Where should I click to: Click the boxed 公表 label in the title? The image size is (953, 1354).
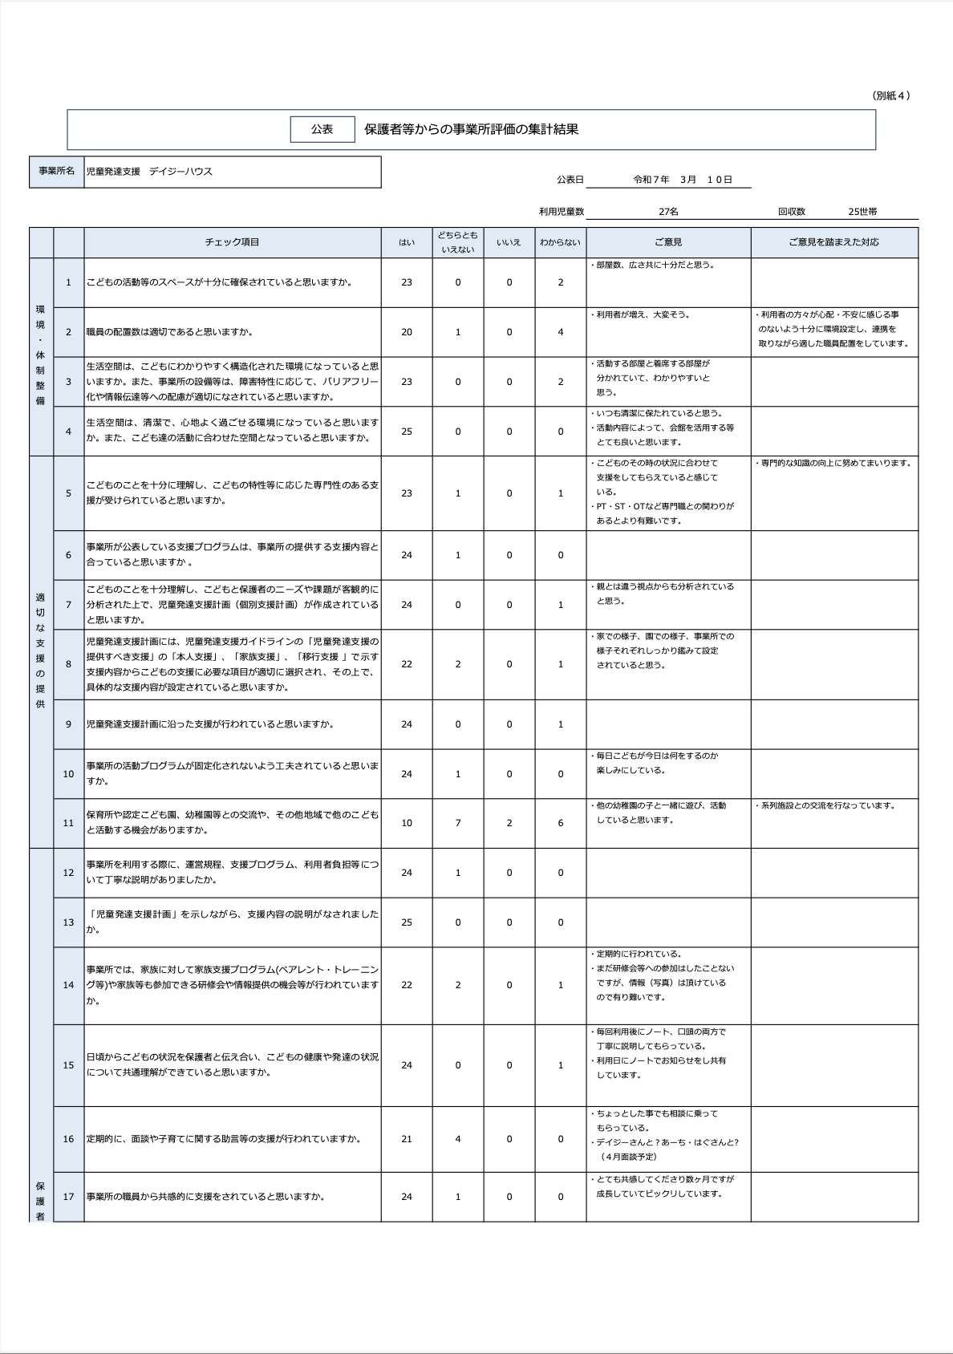[322, 129]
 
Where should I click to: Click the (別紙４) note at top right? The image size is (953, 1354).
[890, 95]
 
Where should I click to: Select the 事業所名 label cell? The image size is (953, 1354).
[57, 172]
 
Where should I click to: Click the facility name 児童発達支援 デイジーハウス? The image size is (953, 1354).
[149, 172]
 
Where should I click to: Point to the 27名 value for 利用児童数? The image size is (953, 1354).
[668, 212]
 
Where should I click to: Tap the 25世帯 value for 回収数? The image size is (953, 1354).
[862, 212]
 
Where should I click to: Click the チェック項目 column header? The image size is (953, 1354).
[232, 242]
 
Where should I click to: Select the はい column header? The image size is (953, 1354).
[407, 242]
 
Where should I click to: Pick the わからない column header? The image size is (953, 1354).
[560, 242]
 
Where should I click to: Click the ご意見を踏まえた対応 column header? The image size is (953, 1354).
[833, 242]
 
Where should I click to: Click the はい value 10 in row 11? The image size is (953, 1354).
[407, 823]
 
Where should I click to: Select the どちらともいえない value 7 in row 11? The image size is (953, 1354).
[458, 823]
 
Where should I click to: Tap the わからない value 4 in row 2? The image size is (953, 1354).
[561, 332]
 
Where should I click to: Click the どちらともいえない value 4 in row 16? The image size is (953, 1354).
[458, 1139]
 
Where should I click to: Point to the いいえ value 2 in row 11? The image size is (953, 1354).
[509, 823]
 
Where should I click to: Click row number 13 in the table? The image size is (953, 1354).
[68, 922]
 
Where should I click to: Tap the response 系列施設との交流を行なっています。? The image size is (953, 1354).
[826, 806]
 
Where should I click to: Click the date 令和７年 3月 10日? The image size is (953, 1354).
[683, 180]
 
